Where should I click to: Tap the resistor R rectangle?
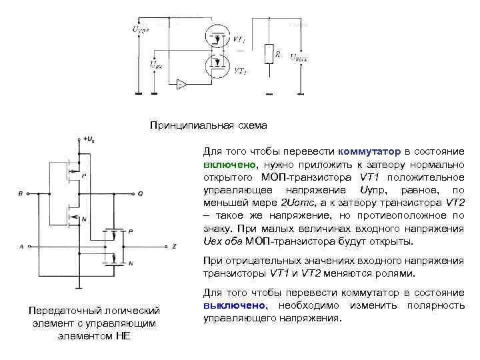pyautogui.click(x=269, y=53)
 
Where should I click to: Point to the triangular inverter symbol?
pyautogui.click(x=182, y=84)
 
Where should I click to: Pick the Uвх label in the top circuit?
pyautogui.click(x=155, y=65)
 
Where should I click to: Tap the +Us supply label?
pyautogui.click(x=88, y=139)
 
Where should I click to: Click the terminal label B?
pyautogui.click(x=21, y=194)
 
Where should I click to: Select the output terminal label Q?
pyautogui.click(x=140, y=194)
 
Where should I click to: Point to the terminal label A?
pyautogui.click(x=21, y=247)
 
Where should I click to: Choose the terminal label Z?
pyautogui.click(x=173, y=247)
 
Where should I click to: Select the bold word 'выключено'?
pyautogui.click(x=233, y=305)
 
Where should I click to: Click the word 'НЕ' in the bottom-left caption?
pyautogui.click(x=123, y=335)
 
